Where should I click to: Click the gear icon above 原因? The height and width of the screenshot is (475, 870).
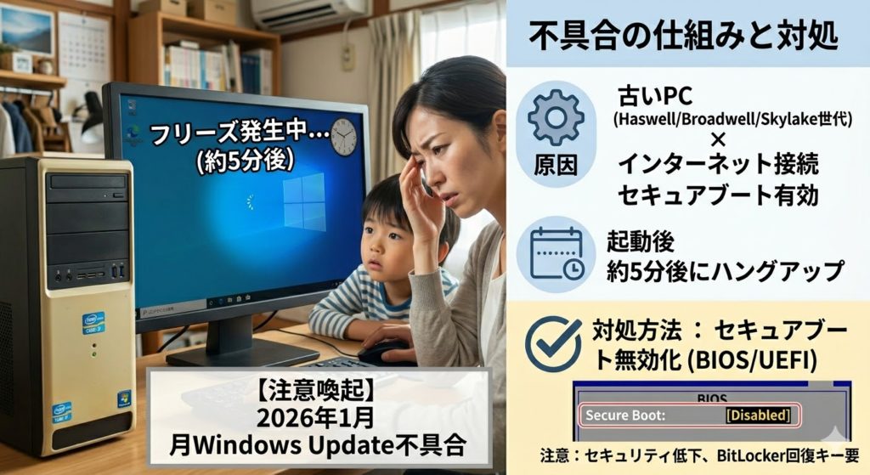556,117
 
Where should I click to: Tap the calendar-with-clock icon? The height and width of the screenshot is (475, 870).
556,253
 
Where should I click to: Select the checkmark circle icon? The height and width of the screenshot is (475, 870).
552,344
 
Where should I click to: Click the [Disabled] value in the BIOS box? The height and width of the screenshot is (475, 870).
758,415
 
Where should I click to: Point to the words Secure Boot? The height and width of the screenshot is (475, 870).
625,415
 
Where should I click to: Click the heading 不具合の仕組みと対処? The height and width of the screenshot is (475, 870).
683,35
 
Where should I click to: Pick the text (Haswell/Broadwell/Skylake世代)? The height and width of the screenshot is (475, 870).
732,119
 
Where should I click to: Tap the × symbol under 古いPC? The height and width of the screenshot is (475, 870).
717,141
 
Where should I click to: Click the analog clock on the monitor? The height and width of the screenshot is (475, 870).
344,137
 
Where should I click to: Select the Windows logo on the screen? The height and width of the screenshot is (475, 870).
304,202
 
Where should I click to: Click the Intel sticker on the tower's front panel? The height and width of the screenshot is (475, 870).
93,322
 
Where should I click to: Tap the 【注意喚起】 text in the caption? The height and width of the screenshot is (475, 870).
318,391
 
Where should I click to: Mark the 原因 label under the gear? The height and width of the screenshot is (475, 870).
556,166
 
